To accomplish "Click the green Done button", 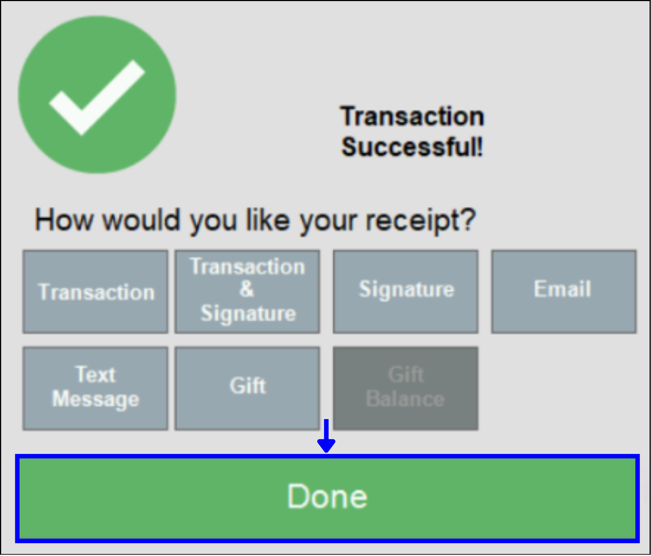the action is pyautogui.click(x=327, y=498).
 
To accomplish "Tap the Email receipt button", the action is pyautogui.click(x=563, y=291).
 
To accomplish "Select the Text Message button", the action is pyautogui.click(x=95, y=389).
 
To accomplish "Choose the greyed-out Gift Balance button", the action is pyautogui.click(x=406, y=389).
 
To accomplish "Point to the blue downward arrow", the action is pyautogui.click(x=326, y=436).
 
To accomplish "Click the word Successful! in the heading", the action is pyautogui.click(x=412, y=147).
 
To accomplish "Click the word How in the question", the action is pyautogui.click(x=64, y=220).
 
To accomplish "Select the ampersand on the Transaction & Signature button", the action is pyautogui.click(x=247, y=289).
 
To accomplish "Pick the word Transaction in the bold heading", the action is pyautogui.click(x=412, y=116).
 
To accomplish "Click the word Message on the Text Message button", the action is pyautogui.click(x=95, y=399).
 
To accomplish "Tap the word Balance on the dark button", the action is pyautogui.click(x=405, y=399).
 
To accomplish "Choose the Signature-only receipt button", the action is pyautogui.click(x=406, y=291).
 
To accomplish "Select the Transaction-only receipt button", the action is pyautogui.click(x=95, y=291).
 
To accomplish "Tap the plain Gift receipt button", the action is pyautogui.click(x=247, y=389).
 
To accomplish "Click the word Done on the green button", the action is pyautogui.click(x=327, y=496).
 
